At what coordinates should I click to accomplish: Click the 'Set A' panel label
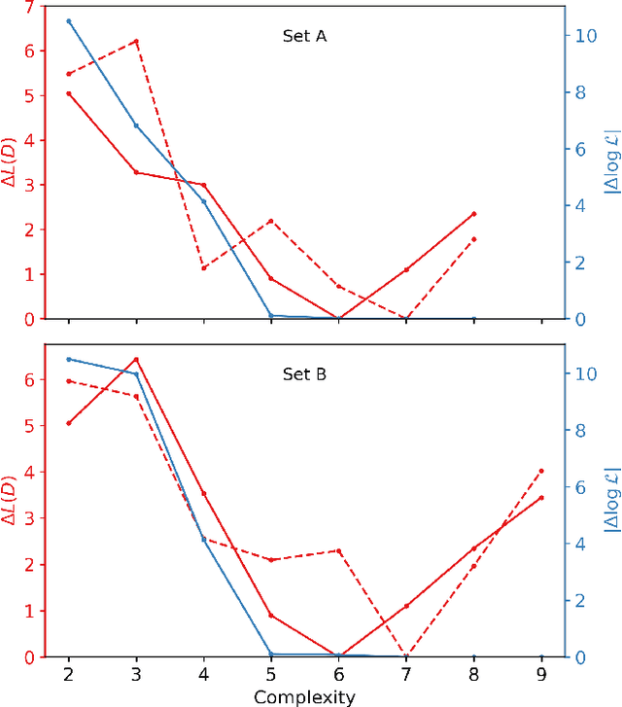click(298, 38)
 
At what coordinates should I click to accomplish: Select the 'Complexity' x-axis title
click(304, 696)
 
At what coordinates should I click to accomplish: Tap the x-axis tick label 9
click(541, 674)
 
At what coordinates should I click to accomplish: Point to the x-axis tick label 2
click(68, 674)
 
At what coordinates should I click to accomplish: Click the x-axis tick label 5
click(271, 674)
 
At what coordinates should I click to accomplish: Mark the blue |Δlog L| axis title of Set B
click(611, 501)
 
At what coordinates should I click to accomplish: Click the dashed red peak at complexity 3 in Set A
click(136, 42)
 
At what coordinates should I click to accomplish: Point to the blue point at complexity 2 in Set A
click(68, 20)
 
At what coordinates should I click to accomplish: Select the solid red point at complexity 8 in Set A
click(474, 214)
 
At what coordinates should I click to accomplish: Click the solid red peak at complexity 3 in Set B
click(136, 359)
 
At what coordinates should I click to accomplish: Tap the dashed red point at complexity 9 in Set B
click(541, 471)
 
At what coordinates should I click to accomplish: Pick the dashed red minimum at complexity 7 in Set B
click(406, 656)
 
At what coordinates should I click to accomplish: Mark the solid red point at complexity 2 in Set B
click(68, 423)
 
